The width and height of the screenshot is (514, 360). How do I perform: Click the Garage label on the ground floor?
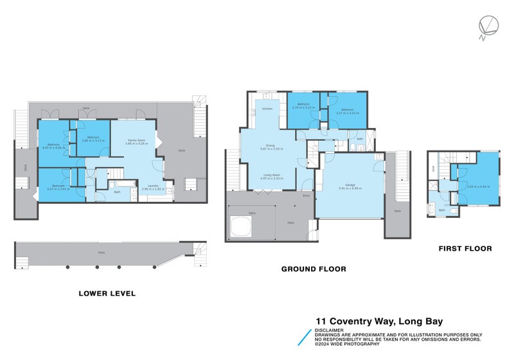(x=350, y=184)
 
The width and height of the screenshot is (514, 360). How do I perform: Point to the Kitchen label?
(x=267, y=109)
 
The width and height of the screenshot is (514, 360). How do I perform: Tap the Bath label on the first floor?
(x=441, y=210)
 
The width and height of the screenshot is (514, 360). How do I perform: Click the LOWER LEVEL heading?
(x=107, y=293)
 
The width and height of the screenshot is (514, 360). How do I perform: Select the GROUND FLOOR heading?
(x=314, y=269)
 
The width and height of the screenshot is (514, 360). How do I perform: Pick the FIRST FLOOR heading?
(x=465, y=248)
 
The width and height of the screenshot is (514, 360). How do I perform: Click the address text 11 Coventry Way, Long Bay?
(x=379, y=321)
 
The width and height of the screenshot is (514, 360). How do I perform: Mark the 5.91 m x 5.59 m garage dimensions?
(x=350, y=188)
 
